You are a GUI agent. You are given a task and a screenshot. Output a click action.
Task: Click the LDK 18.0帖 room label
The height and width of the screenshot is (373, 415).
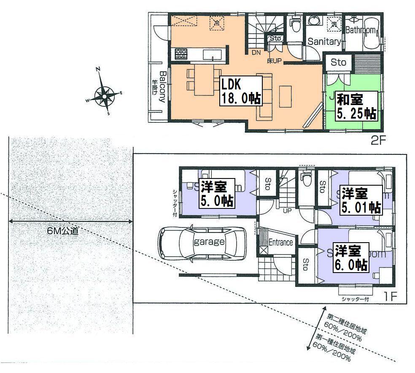(x=241, y=91)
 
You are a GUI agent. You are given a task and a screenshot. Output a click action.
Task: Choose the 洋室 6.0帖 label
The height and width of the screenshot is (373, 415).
(x=351, y=258)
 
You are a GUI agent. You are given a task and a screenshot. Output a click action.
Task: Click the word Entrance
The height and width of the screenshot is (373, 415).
(x=281, y=242)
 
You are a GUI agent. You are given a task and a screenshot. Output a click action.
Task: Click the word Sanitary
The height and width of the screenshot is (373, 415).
(x=323, y=42)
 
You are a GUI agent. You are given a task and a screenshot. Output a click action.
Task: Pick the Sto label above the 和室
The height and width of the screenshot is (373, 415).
(x=338, y=62)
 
